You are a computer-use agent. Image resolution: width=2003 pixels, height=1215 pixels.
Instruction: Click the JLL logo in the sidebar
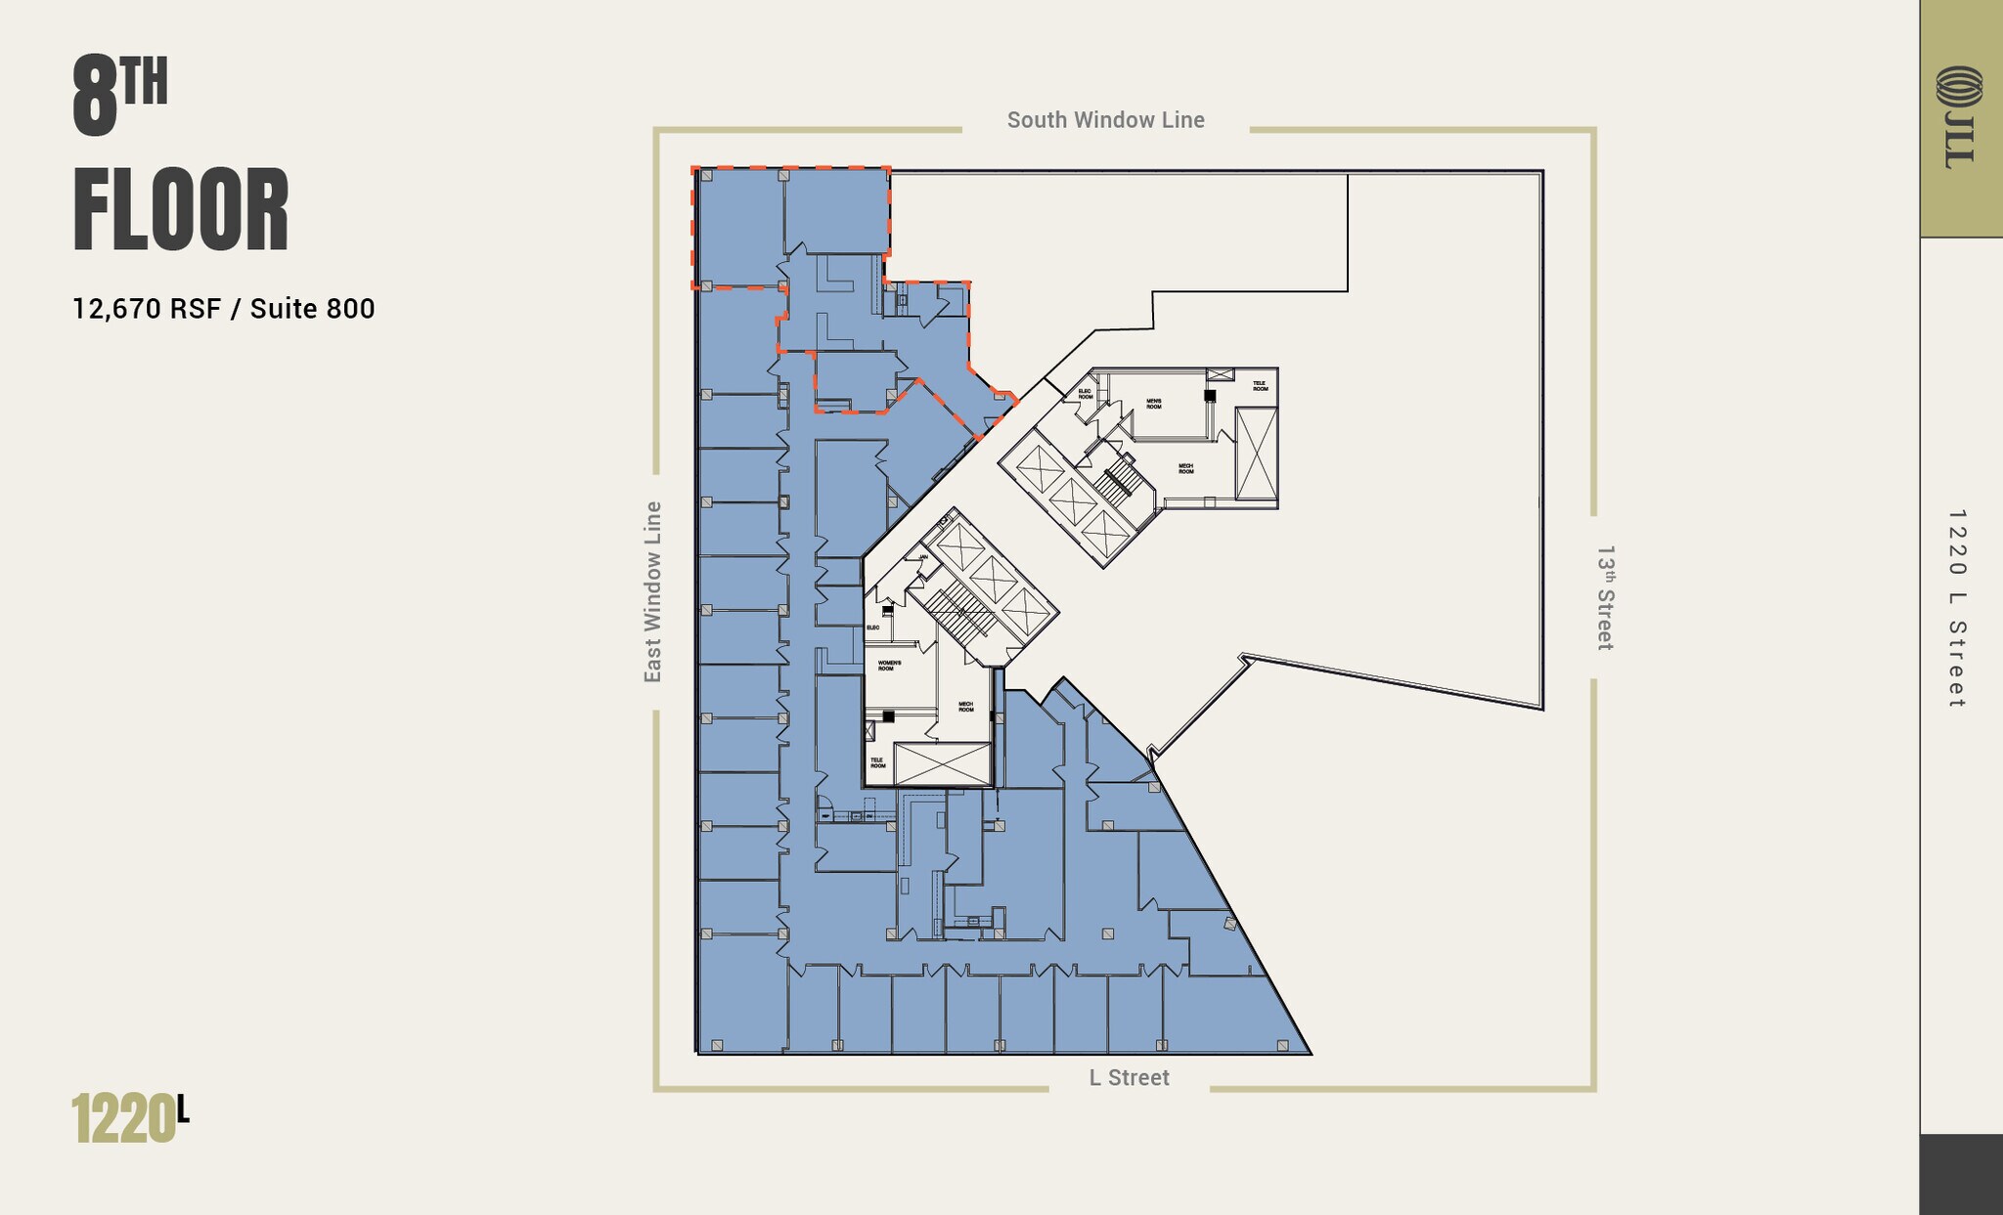(x=1959, y=117)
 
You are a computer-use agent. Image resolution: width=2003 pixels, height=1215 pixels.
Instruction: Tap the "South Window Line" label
(x=1105, y=120)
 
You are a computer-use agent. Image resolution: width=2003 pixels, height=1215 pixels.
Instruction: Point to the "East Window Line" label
(x=652, y=591)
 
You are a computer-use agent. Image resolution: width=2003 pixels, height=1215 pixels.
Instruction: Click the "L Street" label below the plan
(x=1129, y=1077)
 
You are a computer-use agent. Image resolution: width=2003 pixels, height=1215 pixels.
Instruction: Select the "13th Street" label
(x=1605, y=597)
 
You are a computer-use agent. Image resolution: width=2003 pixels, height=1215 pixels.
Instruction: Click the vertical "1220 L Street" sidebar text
(x=1956, y=608)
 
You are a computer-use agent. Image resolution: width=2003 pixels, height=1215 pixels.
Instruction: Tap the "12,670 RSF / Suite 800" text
(x=223, y=309)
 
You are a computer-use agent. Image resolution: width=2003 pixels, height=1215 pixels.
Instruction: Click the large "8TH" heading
(x=119, y=96)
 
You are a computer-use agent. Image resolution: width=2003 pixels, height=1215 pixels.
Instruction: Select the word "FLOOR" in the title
(x=181, y=210)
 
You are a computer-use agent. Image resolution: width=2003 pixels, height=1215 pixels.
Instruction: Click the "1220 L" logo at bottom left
(x=130, y=1118)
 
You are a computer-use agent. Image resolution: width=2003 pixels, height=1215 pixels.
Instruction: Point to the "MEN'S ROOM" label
(x=1154, y=404)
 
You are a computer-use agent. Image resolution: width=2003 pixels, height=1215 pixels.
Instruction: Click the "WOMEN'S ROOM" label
(x=889, y=666)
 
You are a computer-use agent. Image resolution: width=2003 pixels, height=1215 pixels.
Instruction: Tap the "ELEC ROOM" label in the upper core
(x=1085, y=394)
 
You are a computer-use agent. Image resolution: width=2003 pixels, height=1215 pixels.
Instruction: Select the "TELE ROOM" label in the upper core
(x=1260, y=386)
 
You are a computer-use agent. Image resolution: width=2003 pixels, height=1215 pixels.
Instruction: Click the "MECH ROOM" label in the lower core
(x=965, y=706)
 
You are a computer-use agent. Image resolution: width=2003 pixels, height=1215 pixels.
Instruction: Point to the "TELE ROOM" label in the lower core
(x=877, y=762)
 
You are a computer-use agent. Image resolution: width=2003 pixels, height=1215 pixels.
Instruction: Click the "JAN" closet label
(x=922, y=557)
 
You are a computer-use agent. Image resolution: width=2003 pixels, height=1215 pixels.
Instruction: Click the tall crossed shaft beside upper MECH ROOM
(x=1256, y=454)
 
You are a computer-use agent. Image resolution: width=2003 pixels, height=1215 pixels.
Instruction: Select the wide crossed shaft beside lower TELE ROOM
(x=942, y=763)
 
